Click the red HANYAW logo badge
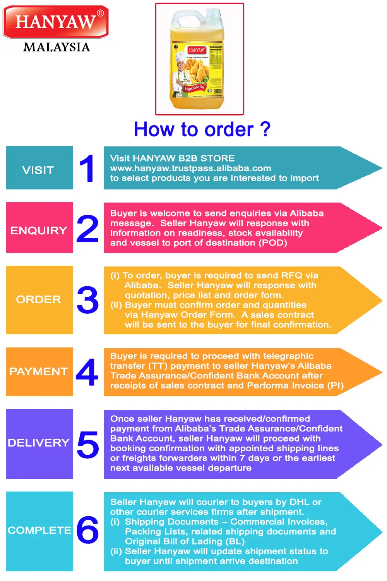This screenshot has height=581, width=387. tap(56, 22)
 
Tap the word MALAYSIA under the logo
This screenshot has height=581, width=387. tap(57, 47)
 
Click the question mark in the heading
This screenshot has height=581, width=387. tap(265, 129)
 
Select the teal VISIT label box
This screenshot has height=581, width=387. tap(39, 168)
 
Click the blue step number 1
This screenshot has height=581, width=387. tap(87, 168)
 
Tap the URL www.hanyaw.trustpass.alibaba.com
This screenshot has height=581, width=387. tap(190, 168)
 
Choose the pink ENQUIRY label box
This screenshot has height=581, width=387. tap(39, 228)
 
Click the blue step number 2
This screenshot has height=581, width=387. tap(87, 229)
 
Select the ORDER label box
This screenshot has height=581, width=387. tap(39, 300)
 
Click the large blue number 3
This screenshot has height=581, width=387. tap(88, 300)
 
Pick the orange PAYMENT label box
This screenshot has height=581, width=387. tap(39, 372)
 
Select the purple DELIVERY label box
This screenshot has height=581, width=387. tap(39, 444)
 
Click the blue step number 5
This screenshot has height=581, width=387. tap(88, 445)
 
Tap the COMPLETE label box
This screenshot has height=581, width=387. tap(39, 531)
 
